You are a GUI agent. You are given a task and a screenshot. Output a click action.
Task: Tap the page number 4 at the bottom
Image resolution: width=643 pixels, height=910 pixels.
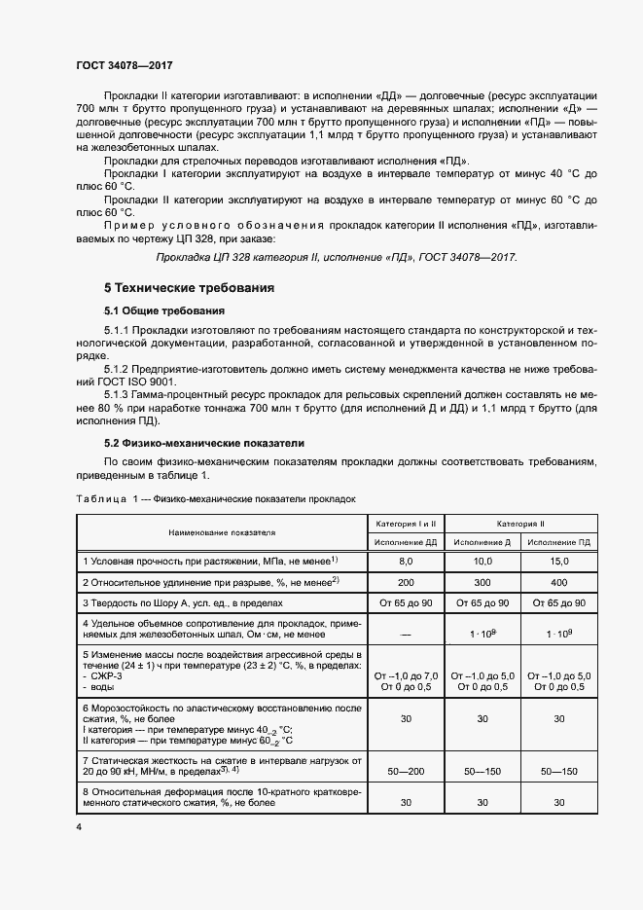click(x=78, y=825)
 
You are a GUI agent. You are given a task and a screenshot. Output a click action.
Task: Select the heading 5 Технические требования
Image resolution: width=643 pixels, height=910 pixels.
click(x=189, y=288)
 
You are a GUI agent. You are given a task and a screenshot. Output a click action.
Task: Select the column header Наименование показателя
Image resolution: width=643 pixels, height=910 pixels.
click(x=221, y=532)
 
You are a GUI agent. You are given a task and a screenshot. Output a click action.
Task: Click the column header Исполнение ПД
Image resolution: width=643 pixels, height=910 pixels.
click(x=557, y=542)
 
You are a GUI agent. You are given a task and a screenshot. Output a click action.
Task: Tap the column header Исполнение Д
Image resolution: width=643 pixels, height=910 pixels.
click(x=482, y=542)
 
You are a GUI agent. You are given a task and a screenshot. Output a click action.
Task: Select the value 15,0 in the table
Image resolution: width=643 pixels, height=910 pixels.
click(x=557, y=562)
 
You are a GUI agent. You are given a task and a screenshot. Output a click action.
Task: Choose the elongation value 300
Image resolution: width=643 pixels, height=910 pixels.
click(x=482, y=582)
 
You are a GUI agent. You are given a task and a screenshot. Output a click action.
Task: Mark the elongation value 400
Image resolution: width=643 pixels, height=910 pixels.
click(x=557, y=582)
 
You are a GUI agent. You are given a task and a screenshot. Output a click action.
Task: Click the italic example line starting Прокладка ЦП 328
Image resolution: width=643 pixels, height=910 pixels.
click(x=337, y=257)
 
